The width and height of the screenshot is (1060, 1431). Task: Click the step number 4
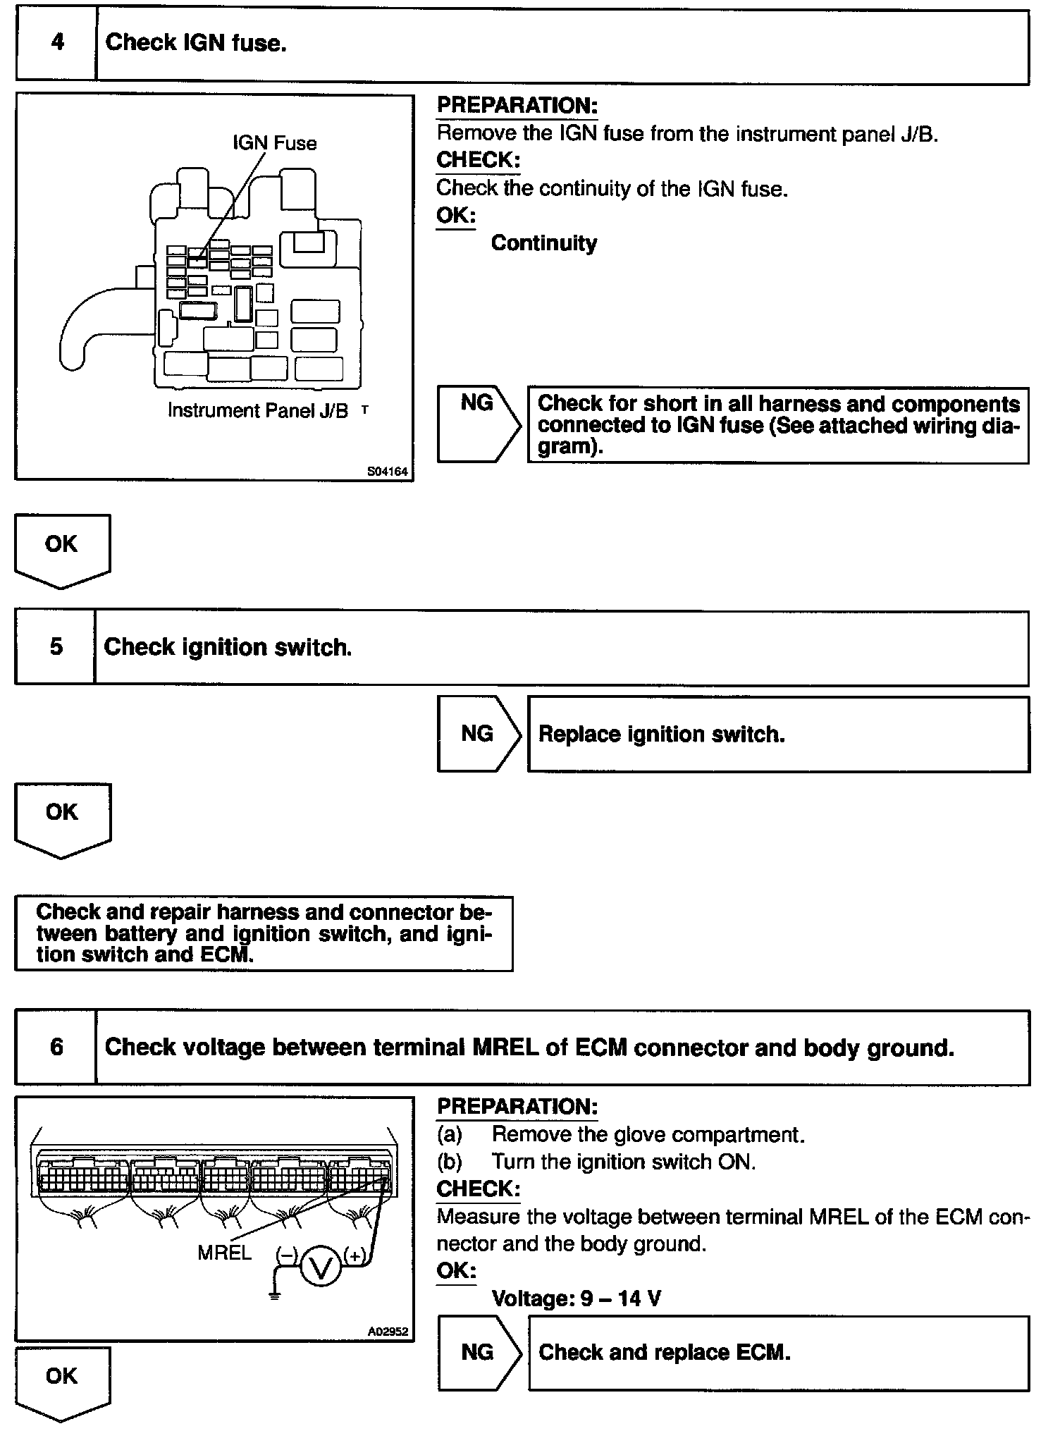pyautogui.click(x=57, y=42)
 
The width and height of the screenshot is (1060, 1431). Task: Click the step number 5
pyautogui.click(x=56, y=647)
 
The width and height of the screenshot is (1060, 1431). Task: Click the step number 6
pyautogui.click(x=56, y=1047)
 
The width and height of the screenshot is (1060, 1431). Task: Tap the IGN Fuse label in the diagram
pyautogui.click(x=274, y=143)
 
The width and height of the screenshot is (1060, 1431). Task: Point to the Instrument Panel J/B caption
pyautogui.click(x=258, y=410)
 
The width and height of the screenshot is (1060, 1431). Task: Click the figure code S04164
pyautogui.click(x=387, y=472)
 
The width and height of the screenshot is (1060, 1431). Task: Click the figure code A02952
pyautogui.click(x=388, y=1332)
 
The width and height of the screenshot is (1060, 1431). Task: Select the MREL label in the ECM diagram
pyautogui.click(x=224, y=1253)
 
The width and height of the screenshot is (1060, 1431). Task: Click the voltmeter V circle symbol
pyautogui.click(x=321, y=1269)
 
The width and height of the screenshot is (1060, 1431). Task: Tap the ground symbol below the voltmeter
pyautogui.click(x=275, y=1296)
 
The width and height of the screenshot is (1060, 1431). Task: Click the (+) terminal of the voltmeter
pyautogui.click(x=354, y=1255)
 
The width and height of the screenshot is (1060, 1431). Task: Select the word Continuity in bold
pyautogui.click(x=543, y=243)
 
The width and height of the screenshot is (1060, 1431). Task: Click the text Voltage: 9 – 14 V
pyautogui.click(x=576, y=1298)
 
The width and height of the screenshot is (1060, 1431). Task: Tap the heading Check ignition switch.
pyautogui.click(x=228, y=647)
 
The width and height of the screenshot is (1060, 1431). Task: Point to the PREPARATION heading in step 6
pyautogui.click(x=517, y=1106)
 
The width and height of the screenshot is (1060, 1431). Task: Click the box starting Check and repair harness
pyautogui.click(x=264, y=933)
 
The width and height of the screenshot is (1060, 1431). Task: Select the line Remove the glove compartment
pyautogui.click(x=648, y=1134)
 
